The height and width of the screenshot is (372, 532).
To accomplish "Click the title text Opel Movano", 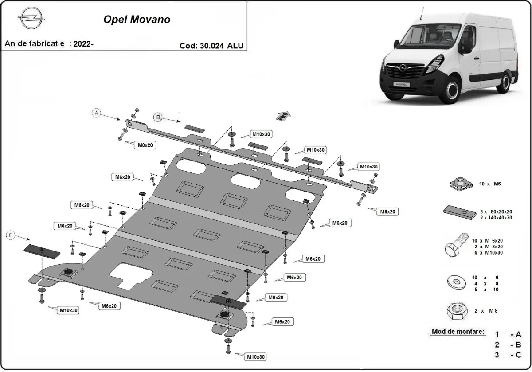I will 137,20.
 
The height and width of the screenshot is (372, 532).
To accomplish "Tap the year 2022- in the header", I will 83,43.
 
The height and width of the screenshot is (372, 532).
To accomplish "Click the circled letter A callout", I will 97,113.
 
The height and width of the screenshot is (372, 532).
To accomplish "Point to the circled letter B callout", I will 158,117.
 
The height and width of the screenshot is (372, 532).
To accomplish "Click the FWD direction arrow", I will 284,116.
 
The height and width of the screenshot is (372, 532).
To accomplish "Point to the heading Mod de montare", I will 458,332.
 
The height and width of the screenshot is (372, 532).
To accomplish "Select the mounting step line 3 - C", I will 508,355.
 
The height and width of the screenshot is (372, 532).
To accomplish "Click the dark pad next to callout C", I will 42,251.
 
